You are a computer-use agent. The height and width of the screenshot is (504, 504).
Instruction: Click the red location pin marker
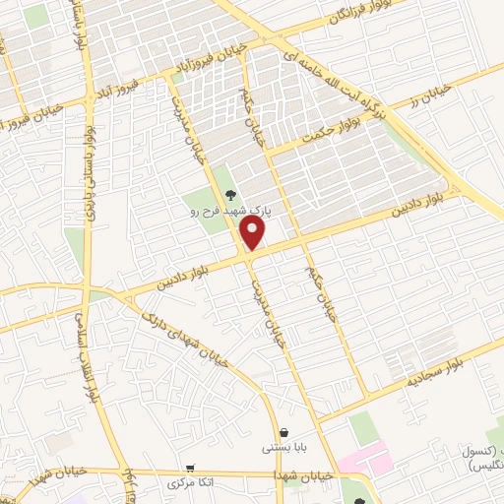click(x=253, y=232)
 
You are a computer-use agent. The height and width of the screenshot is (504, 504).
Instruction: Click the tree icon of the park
click(x=231, y=194)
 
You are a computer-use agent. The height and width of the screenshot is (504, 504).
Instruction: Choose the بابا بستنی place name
click(x=284, y=448)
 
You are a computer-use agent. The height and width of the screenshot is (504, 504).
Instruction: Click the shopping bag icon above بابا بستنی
click(x=284, y=432)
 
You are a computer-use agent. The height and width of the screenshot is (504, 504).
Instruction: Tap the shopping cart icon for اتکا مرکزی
click(x=190, y=469)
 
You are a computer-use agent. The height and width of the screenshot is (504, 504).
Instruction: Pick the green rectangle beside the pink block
click(x=362, y=427)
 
